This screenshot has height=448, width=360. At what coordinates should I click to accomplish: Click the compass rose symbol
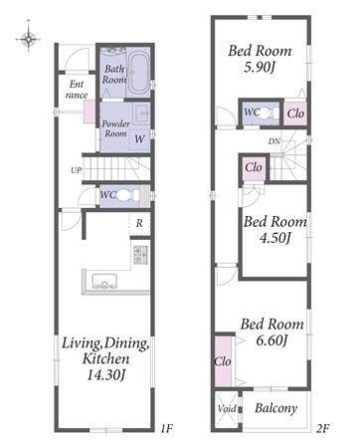pos(29,38)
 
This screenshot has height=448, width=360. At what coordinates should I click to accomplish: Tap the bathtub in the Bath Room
pos(139,73)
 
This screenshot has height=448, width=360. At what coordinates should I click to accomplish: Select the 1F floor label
pos(167,428)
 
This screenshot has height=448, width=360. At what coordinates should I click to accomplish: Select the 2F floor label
pos(322,429)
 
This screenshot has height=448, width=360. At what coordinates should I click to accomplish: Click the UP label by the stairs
pos(77,170)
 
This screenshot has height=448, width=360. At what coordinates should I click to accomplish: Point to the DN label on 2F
pos(273,141)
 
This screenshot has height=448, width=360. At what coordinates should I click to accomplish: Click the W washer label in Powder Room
pos(139,139)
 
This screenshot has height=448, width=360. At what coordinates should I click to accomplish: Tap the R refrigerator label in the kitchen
pos(139,223)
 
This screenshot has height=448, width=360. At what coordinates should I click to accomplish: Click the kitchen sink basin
pos(104,281)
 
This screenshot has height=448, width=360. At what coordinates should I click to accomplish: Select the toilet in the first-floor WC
pos(127,195)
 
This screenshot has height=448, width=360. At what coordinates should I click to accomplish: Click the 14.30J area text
pos(106,374)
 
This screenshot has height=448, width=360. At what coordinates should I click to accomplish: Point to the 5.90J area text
pos(260,68)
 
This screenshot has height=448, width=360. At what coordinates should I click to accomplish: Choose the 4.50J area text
pos(275,238)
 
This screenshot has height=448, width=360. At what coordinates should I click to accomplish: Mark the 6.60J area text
pos(271,339)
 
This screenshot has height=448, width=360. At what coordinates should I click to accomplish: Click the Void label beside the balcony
pos(227,408)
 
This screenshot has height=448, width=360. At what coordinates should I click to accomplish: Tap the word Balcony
pos(275,408)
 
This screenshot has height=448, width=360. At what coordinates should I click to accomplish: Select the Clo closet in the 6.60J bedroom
pos(224,361)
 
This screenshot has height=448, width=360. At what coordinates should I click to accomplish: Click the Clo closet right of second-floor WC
pos(295,113)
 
